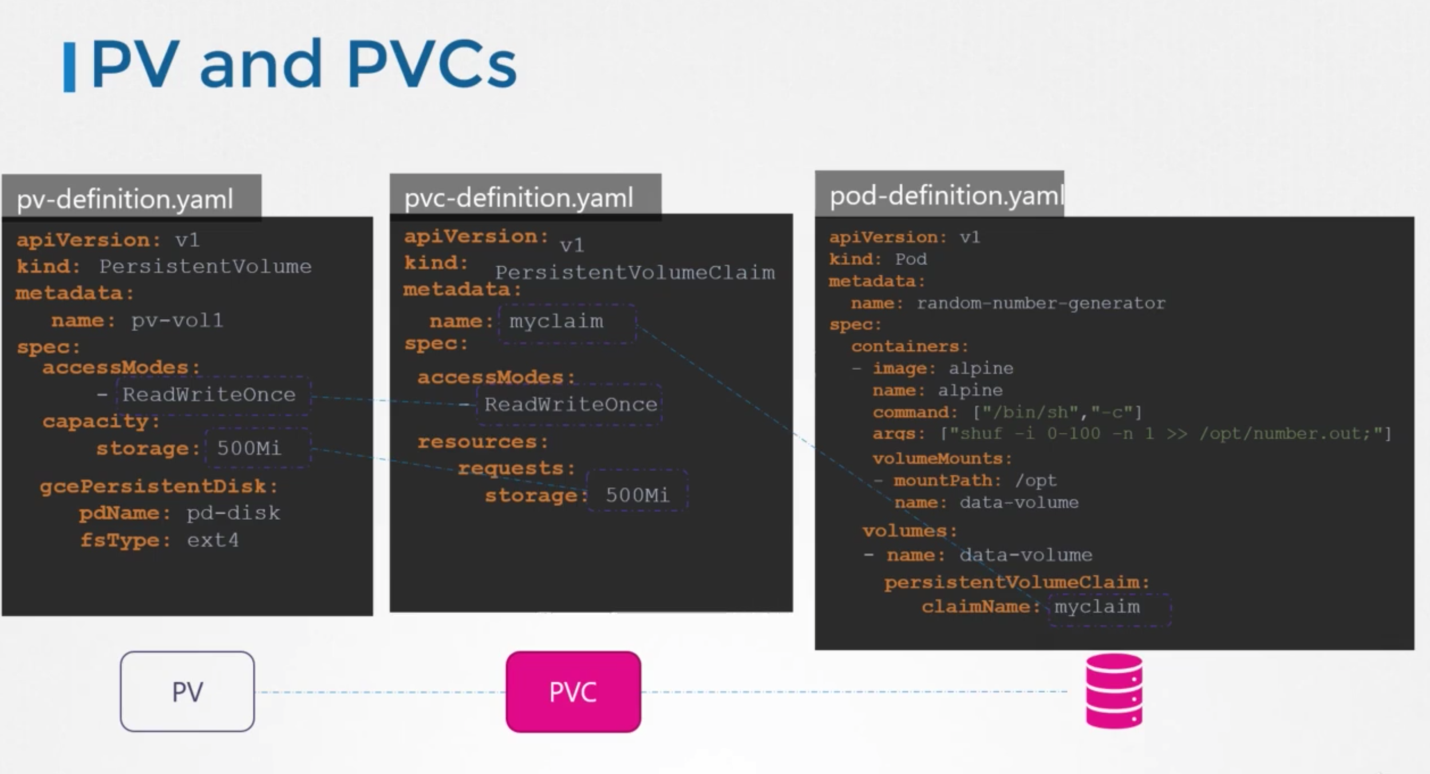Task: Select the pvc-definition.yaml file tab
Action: click(519, 198)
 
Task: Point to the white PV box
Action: click(187, 692)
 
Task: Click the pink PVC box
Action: click(573, 692)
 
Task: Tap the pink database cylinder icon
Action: click(1114, 692)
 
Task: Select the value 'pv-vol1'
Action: click(177, 321)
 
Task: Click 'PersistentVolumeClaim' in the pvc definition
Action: click(635, 273)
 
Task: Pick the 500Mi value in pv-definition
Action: click(249, 448)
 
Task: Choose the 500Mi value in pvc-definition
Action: click(637, 495)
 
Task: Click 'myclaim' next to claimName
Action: click(1097, 607)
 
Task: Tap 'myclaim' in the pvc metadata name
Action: click(556, 321)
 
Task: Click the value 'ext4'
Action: click(213, 540)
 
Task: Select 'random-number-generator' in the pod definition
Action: click(1041, 303)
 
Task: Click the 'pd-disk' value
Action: click(234, 513)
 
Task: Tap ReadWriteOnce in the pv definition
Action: click(209, 394)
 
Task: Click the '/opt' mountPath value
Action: click(1036, 480)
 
